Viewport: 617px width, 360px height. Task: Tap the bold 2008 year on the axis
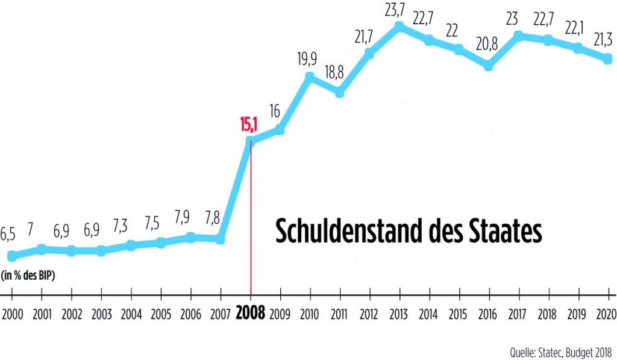250,314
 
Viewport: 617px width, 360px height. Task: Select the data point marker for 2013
399,27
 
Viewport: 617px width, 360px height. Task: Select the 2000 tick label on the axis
11,314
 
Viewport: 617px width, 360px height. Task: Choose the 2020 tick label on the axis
605,314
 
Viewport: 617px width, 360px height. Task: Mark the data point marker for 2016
488,66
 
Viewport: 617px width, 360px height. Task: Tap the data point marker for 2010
310,77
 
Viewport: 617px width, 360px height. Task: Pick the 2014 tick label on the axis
428,314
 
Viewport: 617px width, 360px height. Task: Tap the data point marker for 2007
221,239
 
